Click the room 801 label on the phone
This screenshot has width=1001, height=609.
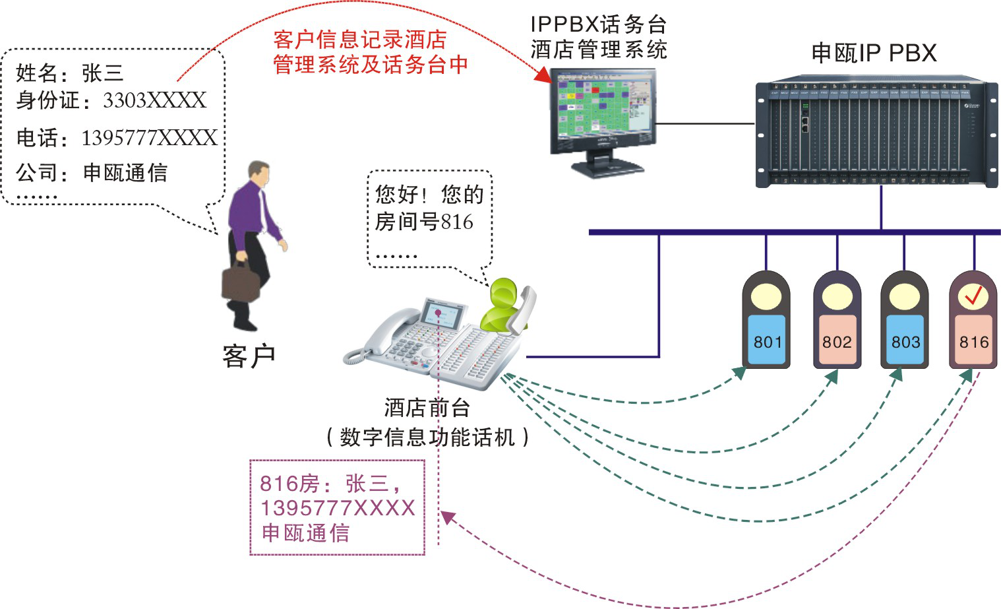(x=767, y=341)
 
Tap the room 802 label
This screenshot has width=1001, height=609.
(x=837, y=341)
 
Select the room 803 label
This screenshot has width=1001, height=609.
(x=905, y=341)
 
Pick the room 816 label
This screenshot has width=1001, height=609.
(x=974, y=341)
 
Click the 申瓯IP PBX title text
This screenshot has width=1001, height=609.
(x=874, y=53)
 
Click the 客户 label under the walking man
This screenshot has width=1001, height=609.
(x=249, y=356)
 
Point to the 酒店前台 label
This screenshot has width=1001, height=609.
(x=427, y=407)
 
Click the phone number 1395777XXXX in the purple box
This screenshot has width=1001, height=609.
(x=338, y=508)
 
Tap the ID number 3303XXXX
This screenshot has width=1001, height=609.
(x=155, y=100)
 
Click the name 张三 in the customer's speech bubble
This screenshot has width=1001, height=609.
(x=103, y=73)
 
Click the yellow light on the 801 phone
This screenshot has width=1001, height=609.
(x=766, y=296)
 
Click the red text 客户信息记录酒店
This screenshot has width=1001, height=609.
(x=360, y=40)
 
